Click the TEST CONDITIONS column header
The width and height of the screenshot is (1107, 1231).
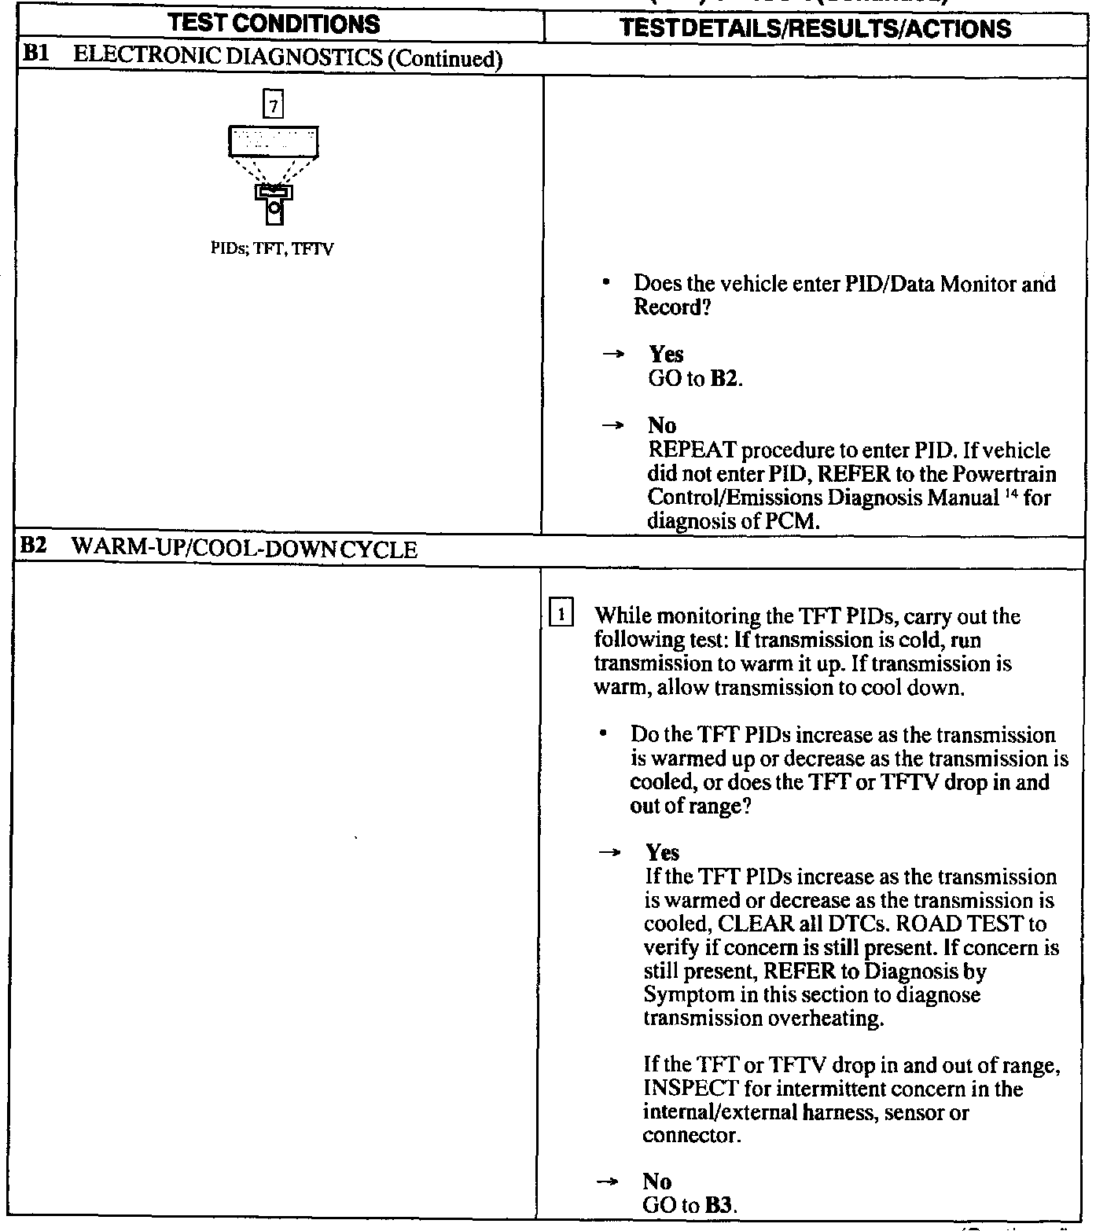(x=274, y=24)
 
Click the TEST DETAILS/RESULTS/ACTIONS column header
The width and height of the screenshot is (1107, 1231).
(x=815, y=28)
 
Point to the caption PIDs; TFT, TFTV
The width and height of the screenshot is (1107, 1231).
(x=273, y=250)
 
